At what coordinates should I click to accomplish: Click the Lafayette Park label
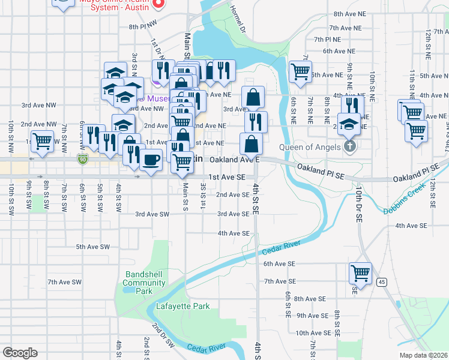tap(183, 306)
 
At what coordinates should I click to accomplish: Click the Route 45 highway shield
tap(381, 281)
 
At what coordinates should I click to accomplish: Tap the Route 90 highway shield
tap(83, 159)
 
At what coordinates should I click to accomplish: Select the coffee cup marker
tap(151, 160)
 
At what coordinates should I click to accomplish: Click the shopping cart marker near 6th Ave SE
tap(360, 273)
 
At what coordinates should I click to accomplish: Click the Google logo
tap(20, 352)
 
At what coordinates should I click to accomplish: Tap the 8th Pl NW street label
tap(142, 26)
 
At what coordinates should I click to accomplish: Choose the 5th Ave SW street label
tap(92, 247)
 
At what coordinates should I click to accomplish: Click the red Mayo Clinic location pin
tap(158, 4)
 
